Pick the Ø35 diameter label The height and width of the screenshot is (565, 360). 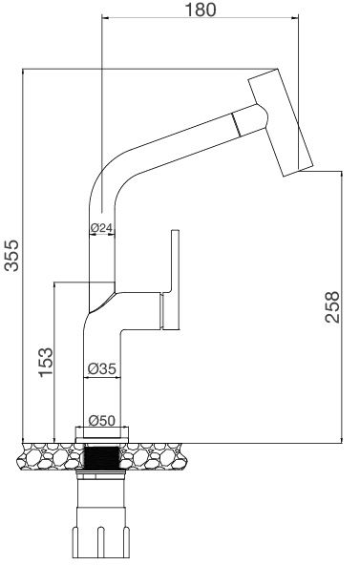pos(101,367)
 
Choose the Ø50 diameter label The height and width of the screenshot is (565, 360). pos(101,419)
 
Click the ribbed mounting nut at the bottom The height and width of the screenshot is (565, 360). pos(100,539)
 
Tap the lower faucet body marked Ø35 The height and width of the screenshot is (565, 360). pos(100,382)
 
